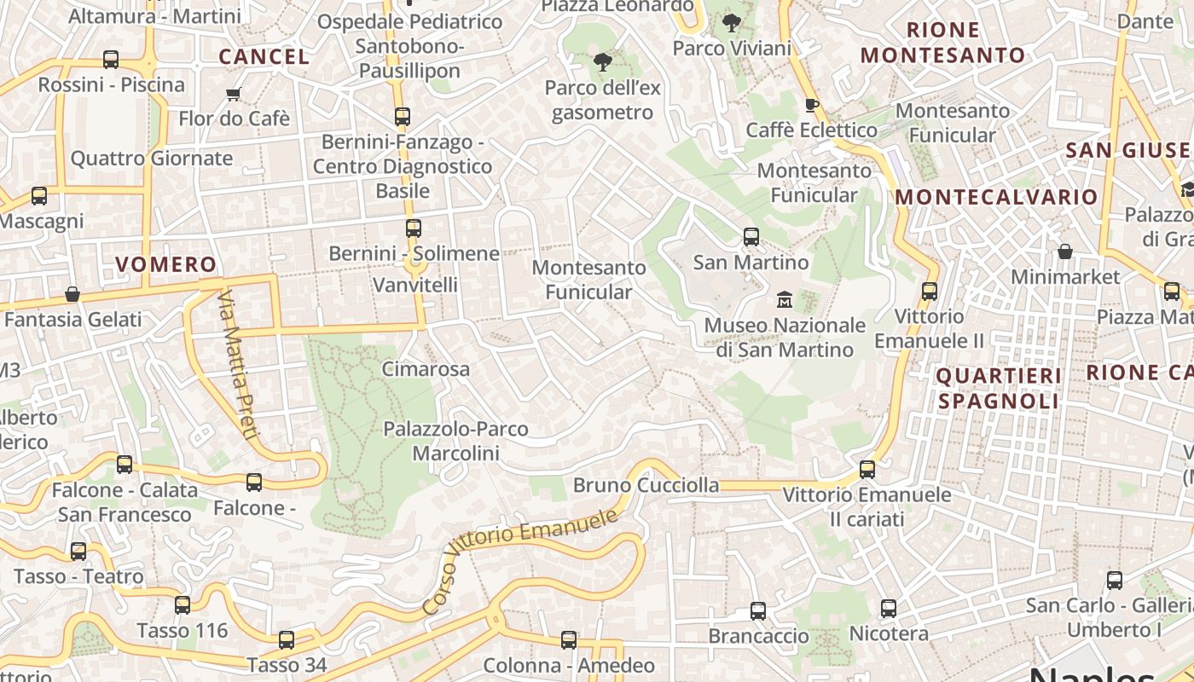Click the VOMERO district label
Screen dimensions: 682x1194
tap(166, 264)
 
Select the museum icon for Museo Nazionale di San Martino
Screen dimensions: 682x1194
tap(785, 299)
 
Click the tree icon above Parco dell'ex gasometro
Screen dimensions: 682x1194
tap(603, 61)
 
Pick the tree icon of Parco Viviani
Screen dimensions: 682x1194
tap(731, 23)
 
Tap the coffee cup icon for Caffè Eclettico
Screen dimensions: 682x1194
tap(811, 105)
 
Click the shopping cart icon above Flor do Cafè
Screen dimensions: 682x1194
tap(234, 93)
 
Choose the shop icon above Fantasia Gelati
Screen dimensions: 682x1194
tap(72, 294)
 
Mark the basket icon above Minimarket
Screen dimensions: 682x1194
tap(1065, 251)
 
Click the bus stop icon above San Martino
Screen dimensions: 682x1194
tap(751, 236)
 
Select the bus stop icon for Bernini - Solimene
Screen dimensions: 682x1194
tap(414, 228)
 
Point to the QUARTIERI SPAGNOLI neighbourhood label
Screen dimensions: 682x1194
tap(999, 388)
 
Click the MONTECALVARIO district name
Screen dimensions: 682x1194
tap(996, 197)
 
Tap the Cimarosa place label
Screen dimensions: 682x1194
tap(426, 369)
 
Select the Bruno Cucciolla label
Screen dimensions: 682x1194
tap(646, 485)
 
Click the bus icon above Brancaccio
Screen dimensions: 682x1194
tap(758, 610)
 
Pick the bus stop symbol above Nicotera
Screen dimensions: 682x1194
tap(889, 609)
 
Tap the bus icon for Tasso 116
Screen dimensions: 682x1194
tap(183, 605)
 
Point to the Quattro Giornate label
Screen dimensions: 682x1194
tap(151, 159)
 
